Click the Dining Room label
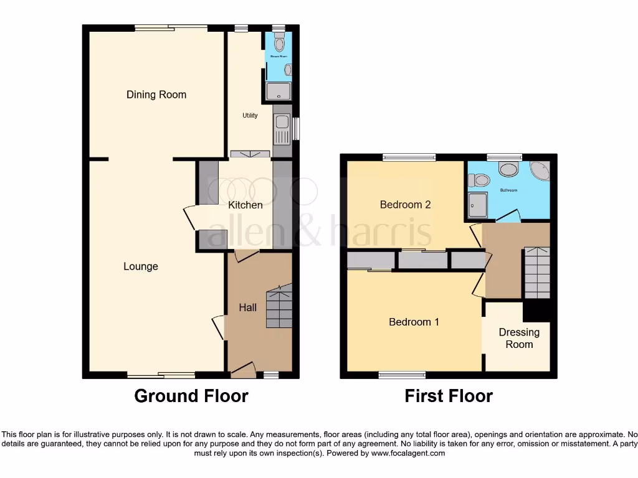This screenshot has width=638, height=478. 156,95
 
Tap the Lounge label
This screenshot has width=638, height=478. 141,266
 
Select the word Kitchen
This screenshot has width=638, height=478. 245,205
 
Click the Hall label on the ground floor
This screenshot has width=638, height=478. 248,307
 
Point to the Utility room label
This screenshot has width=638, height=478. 250,116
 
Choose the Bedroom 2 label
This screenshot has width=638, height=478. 406,204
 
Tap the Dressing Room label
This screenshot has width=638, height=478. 519,338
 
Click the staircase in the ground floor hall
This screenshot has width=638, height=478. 279,306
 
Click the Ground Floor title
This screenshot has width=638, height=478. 191,396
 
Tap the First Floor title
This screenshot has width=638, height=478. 449,396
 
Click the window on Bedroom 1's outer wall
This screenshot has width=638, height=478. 402,375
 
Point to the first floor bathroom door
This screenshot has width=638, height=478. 509,216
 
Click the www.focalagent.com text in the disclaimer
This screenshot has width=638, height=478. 408,454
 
